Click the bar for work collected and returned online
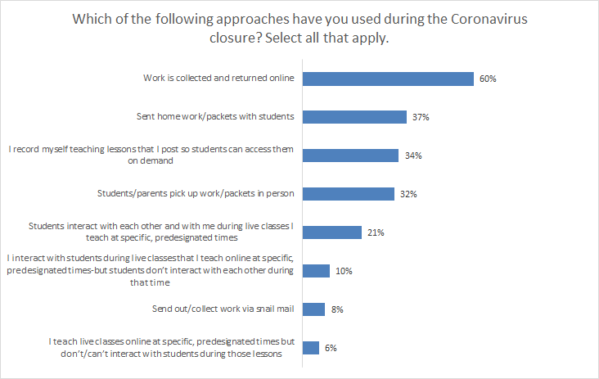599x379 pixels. (389, 79)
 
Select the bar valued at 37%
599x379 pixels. (354, 117)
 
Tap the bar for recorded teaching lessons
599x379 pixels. (350, 156)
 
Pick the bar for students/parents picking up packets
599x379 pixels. (347, 194)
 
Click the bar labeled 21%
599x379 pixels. (331, 232)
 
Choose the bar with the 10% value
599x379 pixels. (316, 271)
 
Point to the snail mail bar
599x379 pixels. (313, 309)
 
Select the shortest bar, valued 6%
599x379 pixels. (310, 348)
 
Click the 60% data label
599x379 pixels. (489, 79)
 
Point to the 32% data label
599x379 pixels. (408, 195)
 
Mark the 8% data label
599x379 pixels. (337, 309)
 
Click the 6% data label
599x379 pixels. (331, 348)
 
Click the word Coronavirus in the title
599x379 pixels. (480, 19)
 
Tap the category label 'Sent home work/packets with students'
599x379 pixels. (216, 116)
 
